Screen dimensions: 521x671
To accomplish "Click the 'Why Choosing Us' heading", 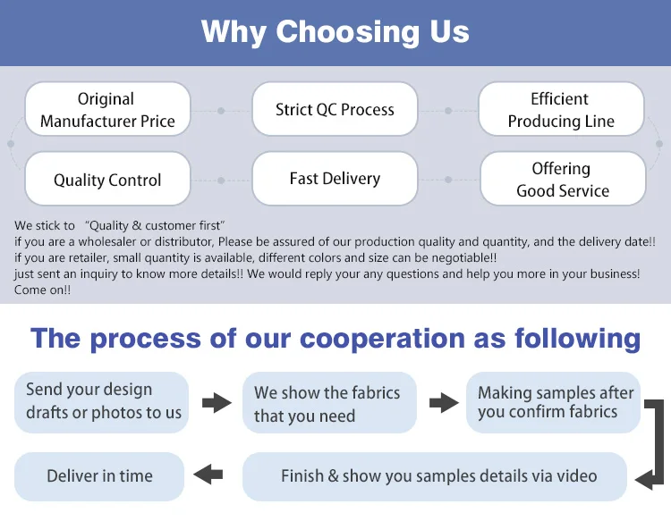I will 335,32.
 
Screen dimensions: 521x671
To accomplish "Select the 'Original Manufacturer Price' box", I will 107,110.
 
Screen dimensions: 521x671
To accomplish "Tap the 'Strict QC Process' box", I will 335,110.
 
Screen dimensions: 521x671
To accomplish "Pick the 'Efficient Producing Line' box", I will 561,110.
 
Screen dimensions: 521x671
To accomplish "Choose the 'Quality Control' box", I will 107,180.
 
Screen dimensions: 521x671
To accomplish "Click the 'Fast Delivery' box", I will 335,179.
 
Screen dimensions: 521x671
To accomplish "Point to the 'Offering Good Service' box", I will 563,180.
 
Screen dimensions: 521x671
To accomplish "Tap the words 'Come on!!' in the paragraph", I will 43,290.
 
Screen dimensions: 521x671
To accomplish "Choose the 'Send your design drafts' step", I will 102,401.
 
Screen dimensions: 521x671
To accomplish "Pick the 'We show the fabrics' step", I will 328,404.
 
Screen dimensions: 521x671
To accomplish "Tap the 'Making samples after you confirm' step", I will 554,402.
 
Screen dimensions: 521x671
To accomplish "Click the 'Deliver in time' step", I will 99,476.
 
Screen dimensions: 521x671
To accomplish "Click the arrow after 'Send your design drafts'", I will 217,403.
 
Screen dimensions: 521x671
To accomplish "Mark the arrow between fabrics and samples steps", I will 444,403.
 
